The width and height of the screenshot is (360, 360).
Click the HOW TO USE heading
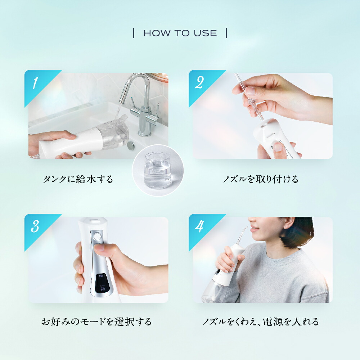(x=180, y=33)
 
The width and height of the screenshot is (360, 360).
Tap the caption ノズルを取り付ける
(x=261, y=179)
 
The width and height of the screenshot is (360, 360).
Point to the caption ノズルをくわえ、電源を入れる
(x=261, y=321)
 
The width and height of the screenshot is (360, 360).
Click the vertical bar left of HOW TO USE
(x=134, y=33)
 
